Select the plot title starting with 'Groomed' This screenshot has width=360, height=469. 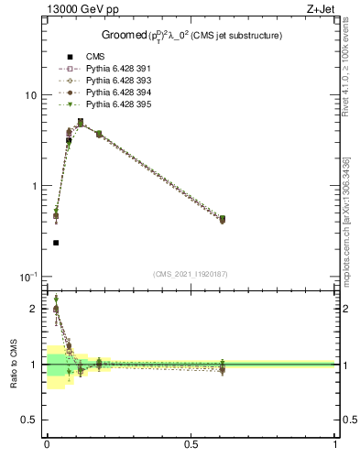click(191, 36)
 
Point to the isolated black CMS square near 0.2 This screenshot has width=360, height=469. click(56, 243)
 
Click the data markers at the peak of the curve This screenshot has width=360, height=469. click(81, 122)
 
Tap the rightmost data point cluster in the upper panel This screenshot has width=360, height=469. click(222, 219)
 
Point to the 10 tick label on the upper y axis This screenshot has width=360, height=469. click(29, 95)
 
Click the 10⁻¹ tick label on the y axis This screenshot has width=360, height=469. click(27, 276)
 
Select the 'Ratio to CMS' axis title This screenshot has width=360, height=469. click(14, 364)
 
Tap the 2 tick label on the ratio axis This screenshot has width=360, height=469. click(35, 309)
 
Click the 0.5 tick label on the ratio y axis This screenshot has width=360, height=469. click(30, 420)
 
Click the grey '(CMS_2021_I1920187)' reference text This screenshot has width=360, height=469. click(191, 274)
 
